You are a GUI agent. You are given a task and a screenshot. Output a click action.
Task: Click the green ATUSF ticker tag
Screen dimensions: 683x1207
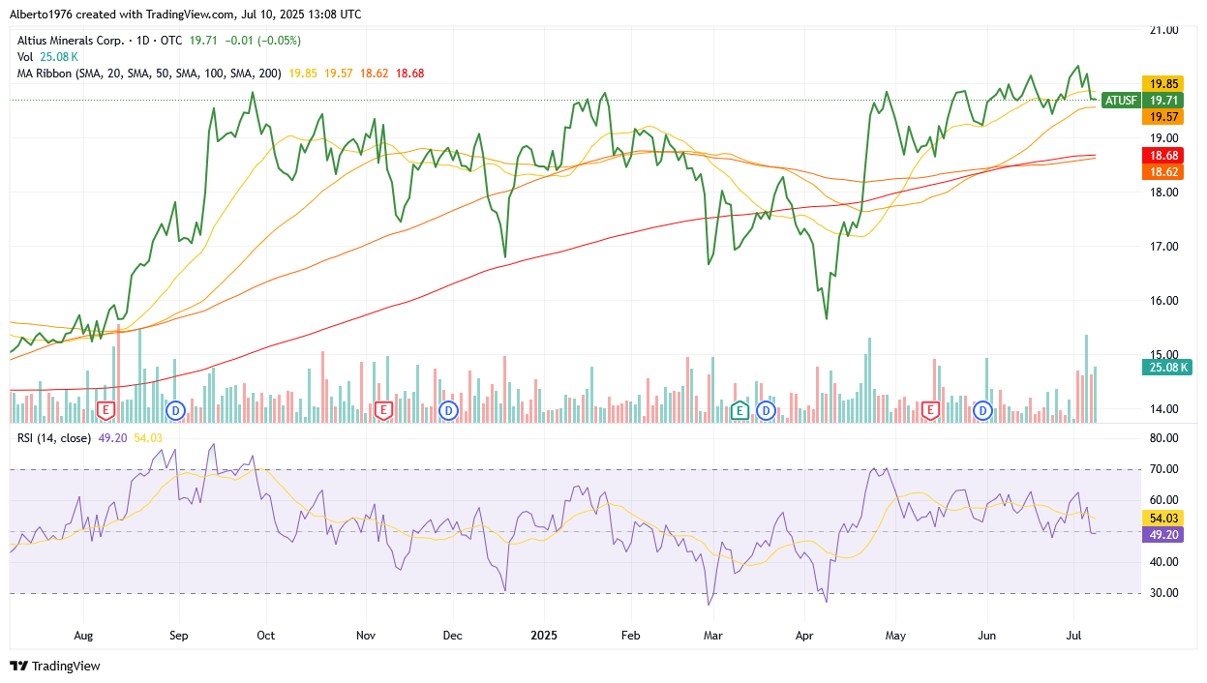pyautogui.click(x=1120, y=100)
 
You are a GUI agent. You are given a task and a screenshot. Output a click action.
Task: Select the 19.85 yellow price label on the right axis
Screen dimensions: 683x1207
pyautogui.click(x=1162, y=83)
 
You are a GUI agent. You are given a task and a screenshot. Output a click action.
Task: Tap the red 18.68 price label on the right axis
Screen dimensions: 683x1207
pyautogui.click(x=1162, y=156)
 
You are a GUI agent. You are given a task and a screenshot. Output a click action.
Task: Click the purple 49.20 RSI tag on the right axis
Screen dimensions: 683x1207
pyautogui.click(x=1162, y=535)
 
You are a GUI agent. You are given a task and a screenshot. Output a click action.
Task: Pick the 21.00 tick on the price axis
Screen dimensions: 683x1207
pyautogui.click(x=1164, y=30)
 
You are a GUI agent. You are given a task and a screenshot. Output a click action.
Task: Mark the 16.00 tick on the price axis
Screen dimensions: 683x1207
pyautogui.click(x=1164, y=301)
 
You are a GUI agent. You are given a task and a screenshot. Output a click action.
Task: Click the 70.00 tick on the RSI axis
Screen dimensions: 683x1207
pyautogui.click(x=1164, y=469)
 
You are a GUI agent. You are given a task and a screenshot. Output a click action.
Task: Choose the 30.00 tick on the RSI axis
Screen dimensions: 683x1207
pyautogui.click(x=1164, y=593)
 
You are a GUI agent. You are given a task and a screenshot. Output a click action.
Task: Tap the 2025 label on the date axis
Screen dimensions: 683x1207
pyautogui.click(x=543, y=636)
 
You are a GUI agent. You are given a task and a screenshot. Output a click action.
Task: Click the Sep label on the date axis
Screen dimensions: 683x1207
pyautogui.click(x=178, y=636)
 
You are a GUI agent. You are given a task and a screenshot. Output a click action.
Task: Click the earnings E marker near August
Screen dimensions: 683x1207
pyautogui.click(x=106, y=410)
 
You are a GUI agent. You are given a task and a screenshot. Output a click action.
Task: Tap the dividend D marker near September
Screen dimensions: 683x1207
pyautogui.click(x=175, y=410)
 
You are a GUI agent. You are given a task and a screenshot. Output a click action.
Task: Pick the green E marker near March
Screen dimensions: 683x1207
pyautogui.click(x=740, y=410)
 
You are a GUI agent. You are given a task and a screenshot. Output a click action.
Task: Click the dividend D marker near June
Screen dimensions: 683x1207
pyautogui.click(x=983, y=410)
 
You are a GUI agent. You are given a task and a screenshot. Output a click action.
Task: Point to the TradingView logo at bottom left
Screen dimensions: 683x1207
pyautogui.click(x=55, y=667)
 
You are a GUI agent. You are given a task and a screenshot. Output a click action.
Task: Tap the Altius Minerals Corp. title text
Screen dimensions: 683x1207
pyautogui.click(x=72, y=41)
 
